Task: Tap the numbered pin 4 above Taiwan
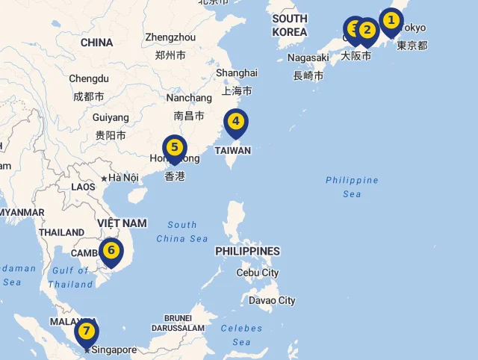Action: click(235, 122)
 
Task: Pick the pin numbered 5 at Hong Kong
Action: click(174, 148)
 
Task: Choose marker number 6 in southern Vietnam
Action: click(111, 250)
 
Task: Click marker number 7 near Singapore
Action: click(87, 331)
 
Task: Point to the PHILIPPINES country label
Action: click(247, 251)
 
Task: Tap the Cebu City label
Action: click(257, 273)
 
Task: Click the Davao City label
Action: click(273, 300)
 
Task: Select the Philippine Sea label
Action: click(352, 187)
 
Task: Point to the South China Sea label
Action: click(182, 232)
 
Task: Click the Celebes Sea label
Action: click(241, 335)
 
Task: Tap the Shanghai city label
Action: click(237, 72)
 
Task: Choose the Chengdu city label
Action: click(89, 78)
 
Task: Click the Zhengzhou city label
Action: click(170, 37)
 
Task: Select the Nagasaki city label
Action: click(308, 58)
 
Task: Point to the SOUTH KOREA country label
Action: click(290, 25)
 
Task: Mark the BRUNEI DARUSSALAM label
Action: click(178, 323)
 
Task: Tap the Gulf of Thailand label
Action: click(71, 277)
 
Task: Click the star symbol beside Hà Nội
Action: click(104, 178)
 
